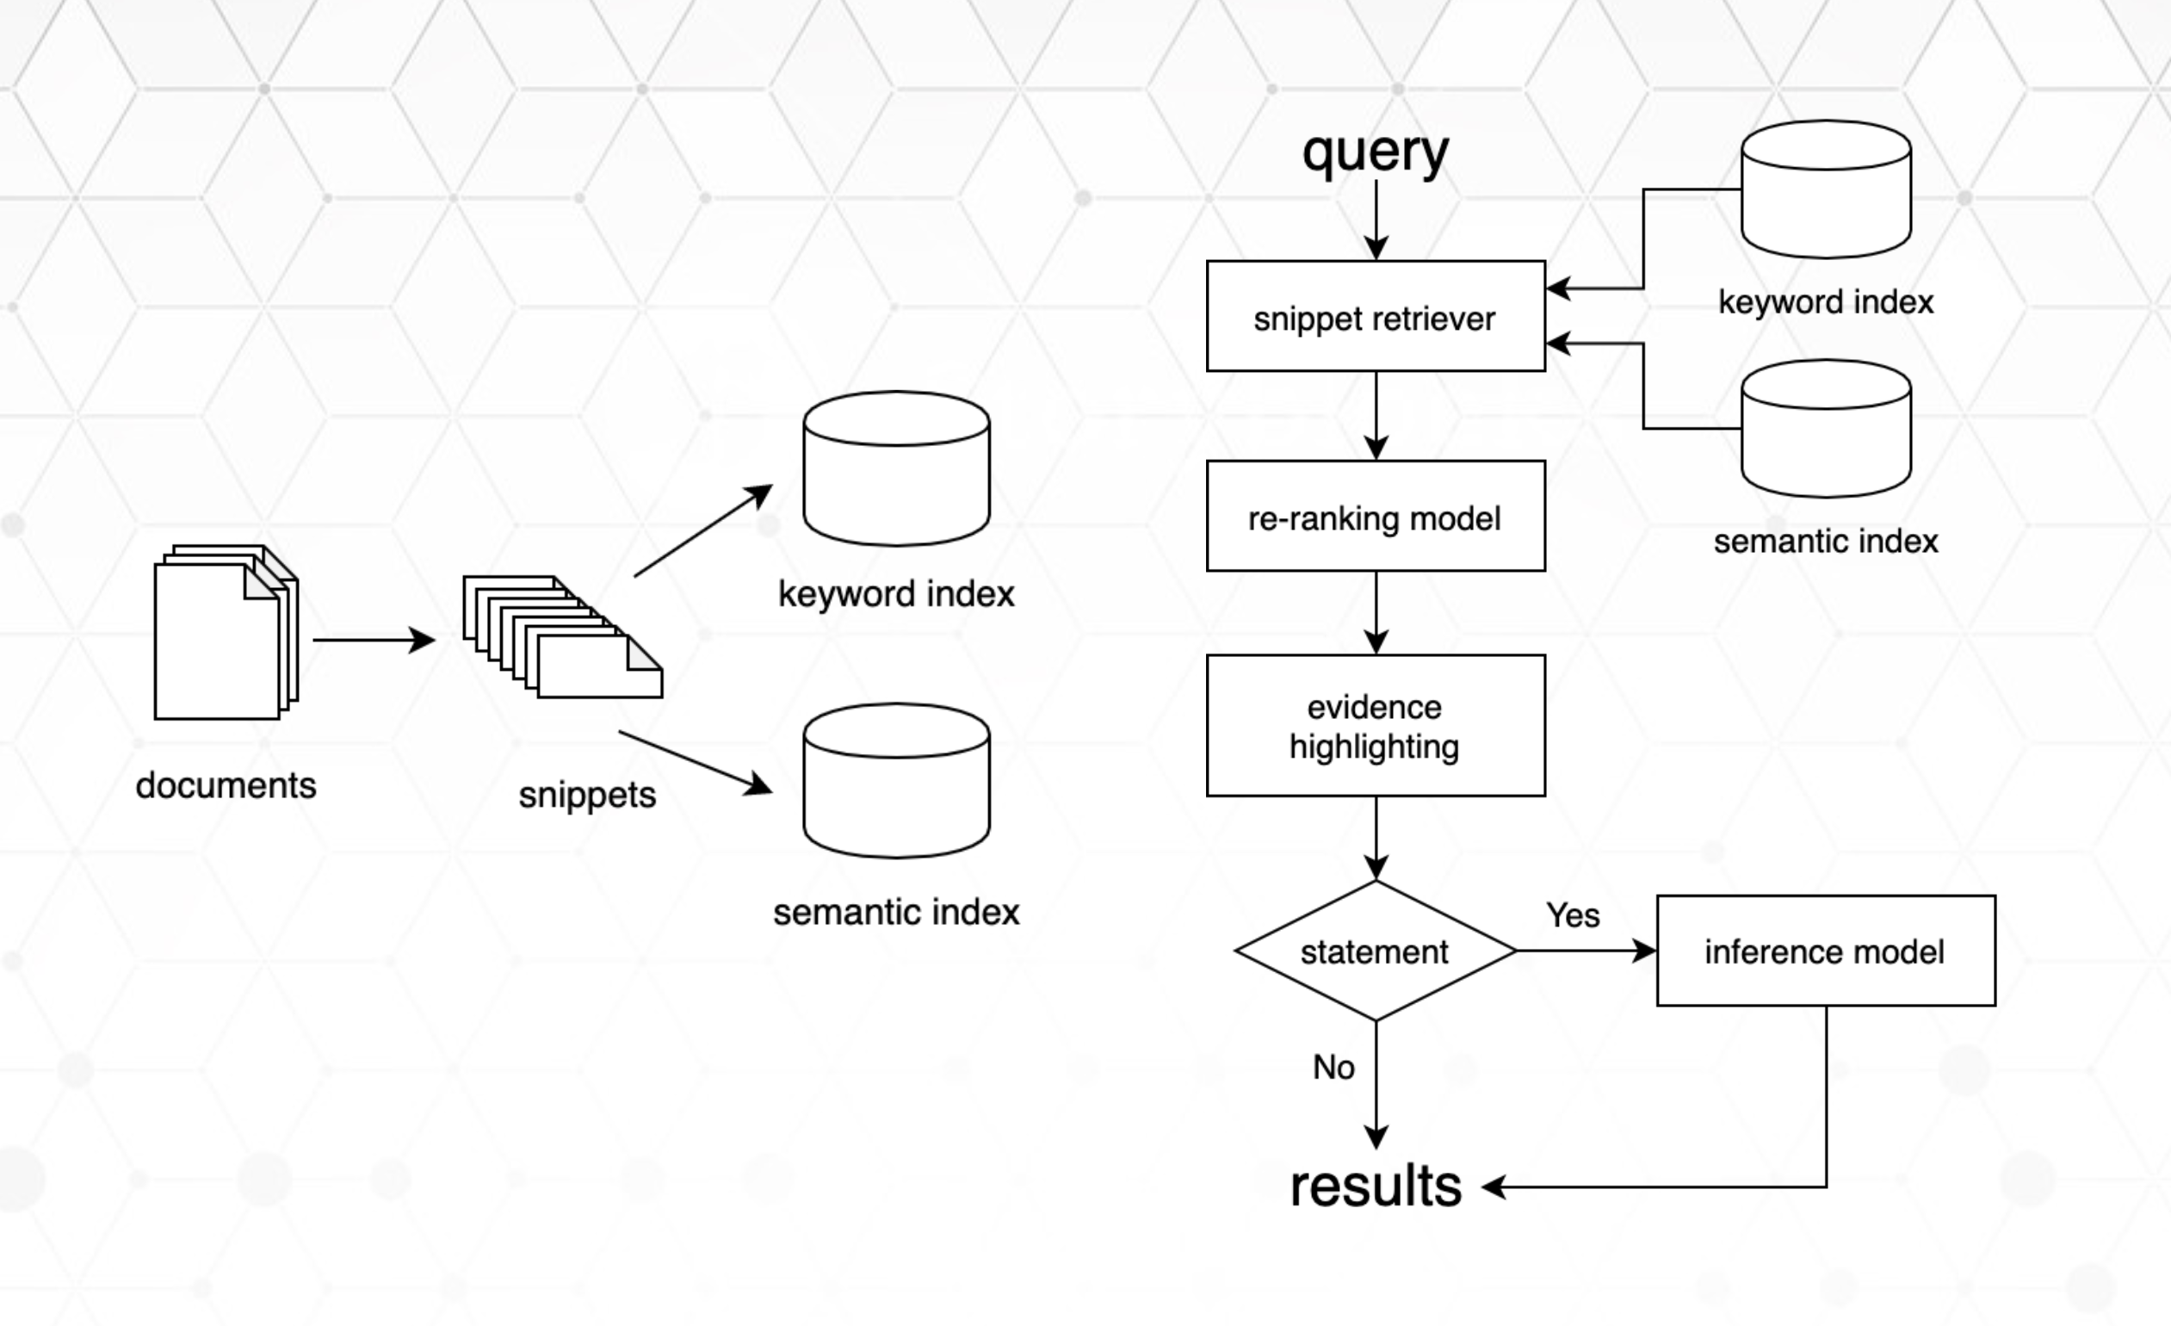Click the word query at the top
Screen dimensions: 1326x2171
(1376, 153)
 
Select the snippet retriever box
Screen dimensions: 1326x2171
(1376, 316)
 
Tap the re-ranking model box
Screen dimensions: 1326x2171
(1376, 517)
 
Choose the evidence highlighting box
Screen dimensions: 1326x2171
(1376, 726)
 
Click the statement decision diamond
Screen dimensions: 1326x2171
(1376, 951)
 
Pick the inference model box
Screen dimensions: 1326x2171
(1826, 951)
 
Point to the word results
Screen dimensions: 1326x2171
(1376, 1186)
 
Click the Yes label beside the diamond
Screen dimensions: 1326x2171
(1573, 915)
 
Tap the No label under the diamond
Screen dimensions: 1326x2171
(1333, 1068)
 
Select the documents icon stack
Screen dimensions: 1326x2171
(226, 633)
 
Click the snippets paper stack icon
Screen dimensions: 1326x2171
(562, 637)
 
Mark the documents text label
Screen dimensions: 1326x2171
(226, 785)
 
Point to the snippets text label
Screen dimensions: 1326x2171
(587, 795)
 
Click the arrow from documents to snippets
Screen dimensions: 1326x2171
(373, 640)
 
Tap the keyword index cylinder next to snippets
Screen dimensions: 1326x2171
(896, 468)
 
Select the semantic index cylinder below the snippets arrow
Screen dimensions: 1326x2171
(896, 781)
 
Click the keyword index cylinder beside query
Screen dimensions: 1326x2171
(1826, 189)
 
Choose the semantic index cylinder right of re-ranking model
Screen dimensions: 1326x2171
(1826, 429)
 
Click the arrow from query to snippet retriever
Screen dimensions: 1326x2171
(1376, 220)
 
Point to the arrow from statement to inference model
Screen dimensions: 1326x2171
(1585, 951)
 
